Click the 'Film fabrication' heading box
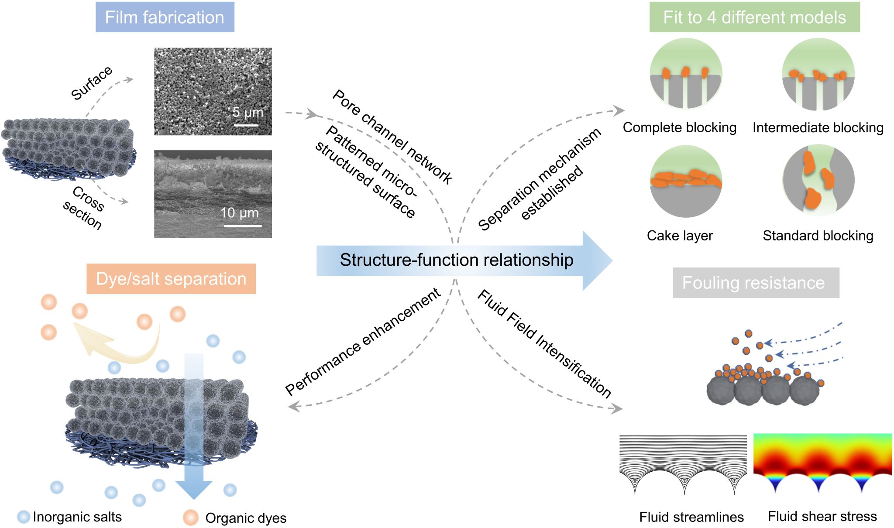click(x=165, y=17)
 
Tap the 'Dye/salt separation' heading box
click(x=171, y=279)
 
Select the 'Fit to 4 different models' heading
click(x=754, y=17)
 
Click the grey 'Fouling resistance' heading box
click(x=756, y=283)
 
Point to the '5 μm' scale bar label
click(x=248, y=112)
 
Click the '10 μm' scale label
click(x=239, y=213)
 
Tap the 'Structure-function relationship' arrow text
click(x=457, y=260)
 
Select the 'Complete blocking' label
click(x=679, y=127)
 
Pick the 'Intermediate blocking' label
click(x=818, y=127)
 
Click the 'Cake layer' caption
click(x=680, y=236)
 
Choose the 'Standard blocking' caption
click(x=818, y=236)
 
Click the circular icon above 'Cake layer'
click(x=686, y=181)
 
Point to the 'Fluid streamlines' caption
click(x=691, y=517)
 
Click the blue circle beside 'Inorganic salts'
click(x=24, y=517)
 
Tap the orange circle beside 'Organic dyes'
click(x=191, y=518)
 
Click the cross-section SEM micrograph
click(x=213, y=194)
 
